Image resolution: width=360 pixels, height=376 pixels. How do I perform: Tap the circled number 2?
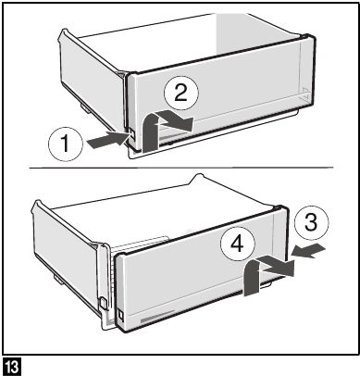182,90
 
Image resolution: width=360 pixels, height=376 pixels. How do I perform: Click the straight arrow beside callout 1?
106,141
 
